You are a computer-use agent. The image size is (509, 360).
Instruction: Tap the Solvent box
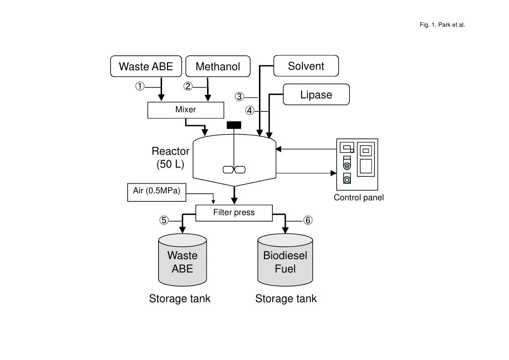(306, 66)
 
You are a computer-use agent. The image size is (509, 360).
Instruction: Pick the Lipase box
(316, 94)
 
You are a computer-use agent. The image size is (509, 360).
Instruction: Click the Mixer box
(185, 110)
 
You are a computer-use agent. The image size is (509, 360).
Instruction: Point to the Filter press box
(234, 213)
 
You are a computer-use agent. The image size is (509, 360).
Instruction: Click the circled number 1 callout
(141, 87)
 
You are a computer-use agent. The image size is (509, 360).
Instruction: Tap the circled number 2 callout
(188, 87)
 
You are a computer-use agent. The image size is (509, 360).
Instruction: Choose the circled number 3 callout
(240, 97)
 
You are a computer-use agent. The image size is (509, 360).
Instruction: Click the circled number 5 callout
(164, 220)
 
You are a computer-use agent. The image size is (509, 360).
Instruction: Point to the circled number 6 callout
(307, 220)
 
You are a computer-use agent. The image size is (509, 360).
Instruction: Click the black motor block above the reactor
(234, 125)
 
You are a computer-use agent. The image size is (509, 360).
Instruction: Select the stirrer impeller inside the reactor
(234, 170)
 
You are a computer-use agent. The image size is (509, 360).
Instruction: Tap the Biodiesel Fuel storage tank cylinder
(285, 262)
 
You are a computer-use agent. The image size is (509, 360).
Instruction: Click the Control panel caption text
(359, 198)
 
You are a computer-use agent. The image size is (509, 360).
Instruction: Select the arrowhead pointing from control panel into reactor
(279, 148)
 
